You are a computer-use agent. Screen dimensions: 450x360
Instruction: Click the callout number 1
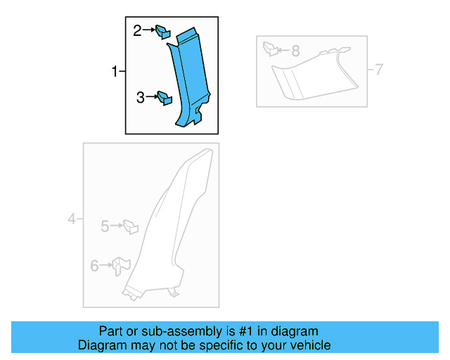click(x=115, y=71)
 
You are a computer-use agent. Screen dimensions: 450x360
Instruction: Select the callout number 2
click(x=137, y=30)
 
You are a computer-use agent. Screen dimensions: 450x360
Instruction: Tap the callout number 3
click(x=141, y=97)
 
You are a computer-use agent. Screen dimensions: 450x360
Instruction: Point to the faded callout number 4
click(x=72, y=219)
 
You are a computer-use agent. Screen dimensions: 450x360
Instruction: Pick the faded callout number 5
click(x=105, y=226)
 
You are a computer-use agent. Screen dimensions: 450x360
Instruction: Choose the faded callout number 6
click(x=94, y=266)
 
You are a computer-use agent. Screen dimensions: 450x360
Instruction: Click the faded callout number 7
click(x=379, y=70)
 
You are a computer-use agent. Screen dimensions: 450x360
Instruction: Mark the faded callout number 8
click(x=295, y=51)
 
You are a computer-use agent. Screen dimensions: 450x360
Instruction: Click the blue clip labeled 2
click(x=162, y=32)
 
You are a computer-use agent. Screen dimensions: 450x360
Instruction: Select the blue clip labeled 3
click(x=165, y=98)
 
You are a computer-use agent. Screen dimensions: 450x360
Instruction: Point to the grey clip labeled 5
click(x=131, y=227)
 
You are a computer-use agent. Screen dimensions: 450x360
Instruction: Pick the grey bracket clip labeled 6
click(x=121, y=266)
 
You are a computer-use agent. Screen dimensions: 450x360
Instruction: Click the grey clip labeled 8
click(x=270, y=49)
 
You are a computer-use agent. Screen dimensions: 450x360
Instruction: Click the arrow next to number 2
click(x=149, y=30)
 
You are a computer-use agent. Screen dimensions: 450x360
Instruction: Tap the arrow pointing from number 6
click(x=106, y=265)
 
